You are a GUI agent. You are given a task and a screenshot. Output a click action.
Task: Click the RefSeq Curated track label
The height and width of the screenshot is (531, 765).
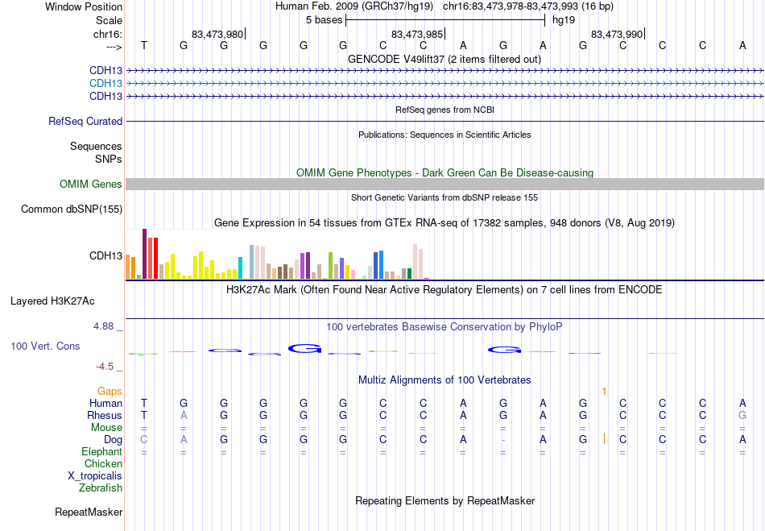pyautogui.click(x=85, y=122)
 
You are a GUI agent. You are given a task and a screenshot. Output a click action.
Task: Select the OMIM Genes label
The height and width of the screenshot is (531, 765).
pyautogui.click(x=91, y=185)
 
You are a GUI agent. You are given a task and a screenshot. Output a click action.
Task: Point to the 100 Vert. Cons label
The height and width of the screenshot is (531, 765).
pyautogui.click(x=45, y=346)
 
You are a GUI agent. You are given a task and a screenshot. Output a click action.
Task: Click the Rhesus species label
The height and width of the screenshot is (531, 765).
pyautogui.click(x=105, y=415)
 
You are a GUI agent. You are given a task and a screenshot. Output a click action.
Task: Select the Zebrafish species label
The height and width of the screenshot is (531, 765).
pyautogui.click(x=101, y=487)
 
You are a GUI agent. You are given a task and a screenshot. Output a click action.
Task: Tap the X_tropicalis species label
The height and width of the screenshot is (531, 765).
pyautogui.click(x=95, y=475)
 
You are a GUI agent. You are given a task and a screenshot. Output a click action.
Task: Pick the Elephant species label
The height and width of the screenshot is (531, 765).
pyautogui.click(x=101, y=452)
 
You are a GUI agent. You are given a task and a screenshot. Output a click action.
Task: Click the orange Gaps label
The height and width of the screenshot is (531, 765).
pyautogui.click(x=110, y=391)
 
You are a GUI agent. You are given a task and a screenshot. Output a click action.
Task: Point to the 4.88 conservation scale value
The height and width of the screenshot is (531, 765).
pyautogui.click(x=105, y=326)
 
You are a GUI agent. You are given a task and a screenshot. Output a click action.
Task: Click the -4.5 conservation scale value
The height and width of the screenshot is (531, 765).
pyautogui.click(x=105, y=367)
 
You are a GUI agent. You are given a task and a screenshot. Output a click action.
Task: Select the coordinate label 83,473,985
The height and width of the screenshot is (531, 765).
pyautogui.click(x=417, y=34)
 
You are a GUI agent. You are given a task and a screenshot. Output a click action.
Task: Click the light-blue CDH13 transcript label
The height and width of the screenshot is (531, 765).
pyautogui.click(x=105, y=83)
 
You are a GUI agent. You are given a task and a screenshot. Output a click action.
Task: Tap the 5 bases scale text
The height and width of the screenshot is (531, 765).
pyautogui.click(x=325, y=19)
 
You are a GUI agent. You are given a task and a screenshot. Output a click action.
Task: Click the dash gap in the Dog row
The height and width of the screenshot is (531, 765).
pyautogui.click(x=503, y=440)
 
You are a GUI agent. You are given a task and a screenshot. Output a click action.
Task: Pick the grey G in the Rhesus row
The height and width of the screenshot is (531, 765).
pyautogui.click(x=742, y=415)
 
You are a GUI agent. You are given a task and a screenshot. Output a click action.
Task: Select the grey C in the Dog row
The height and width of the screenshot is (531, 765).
pyautogui.click(x=144, y=439)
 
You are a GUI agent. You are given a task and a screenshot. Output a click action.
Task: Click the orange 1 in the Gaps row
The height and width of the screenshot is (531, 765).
pyautogui.click(x=603, y=391)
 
